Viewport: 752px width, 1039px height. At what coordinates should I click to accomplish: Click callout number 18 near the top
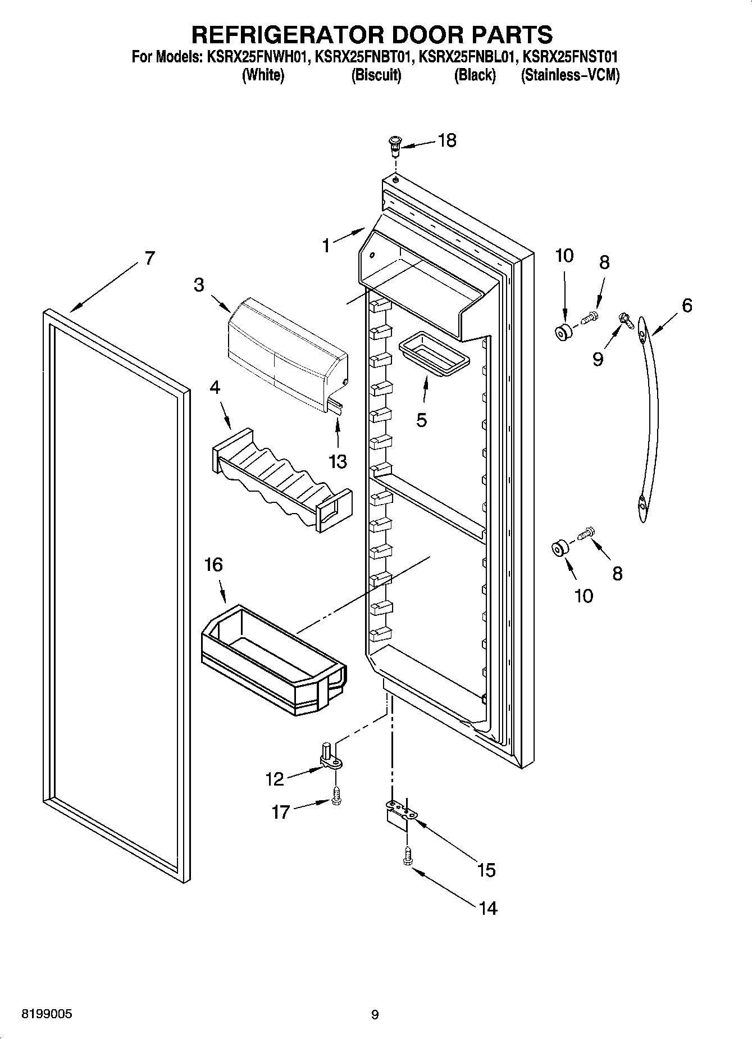click(x=447, y=140)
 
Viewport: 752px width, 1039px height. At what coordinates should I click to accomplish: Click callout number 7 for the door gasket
click(x=149, y=258)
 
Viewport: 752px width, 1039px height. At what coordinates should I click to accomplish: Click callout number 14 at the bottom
click(x=488, y=908)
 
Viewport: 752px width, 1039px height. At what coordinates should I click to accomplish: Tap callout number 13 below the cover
click(x=338, y=461)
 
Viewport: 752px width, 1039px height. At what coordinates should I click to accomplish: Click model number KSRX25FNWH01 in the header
click(x=256, y=57)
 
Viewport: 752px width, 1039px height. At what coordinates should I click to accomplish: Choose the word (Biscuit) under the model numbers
click(x=376, y=75)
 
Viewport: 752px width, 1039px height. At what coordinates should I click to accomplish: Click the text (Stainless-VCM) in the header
click(x=569, y=75)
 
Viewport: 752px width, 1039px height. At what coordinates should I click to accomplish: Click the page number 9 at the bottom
click(x=375, y=1014)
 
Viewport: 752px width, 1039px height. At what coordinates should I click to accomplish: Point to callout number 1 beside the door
click(x=326, y=245)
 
